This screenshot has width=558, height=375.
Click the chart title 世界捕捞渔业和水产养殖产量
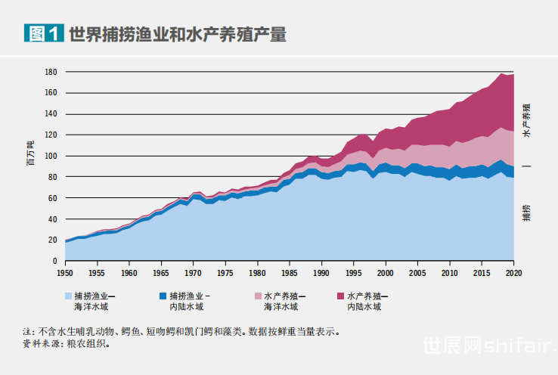[178, 35]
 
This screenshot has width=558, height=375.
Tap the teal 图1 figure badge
[43, 34]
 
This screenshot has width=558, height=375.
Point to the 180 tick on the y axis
[51, 73]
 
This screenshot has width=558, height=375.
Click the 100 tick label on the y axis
[51, 157]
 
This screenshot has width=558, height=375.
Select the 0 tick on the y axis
[54, 261]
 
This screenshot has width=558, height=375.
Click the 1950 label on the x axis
[65, 273]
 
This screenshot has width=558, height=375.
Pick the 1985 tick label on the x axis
[290, 273]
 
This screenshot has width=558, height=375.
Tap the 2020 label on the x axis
[514, 273]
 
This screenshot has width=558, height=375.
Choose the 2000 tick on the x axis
[386, 273]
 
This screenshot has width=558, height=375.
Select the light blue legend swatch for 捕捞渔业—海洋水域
[69, 296]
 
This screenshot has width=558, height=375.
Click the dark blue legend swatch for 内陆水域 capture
[164, 296]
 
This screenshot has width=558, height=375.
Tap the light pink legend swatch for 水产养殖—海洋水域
[258, 296]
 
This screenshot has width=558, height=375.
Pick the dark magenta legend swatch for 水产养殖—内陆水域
[341, 296]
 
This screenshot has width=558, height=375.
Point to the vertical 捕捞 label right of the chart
[526, 212]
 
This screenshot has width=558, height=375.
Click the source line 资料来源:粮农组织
[67, 343]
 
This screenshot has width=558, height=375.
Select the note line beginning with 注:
[186, 331]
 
